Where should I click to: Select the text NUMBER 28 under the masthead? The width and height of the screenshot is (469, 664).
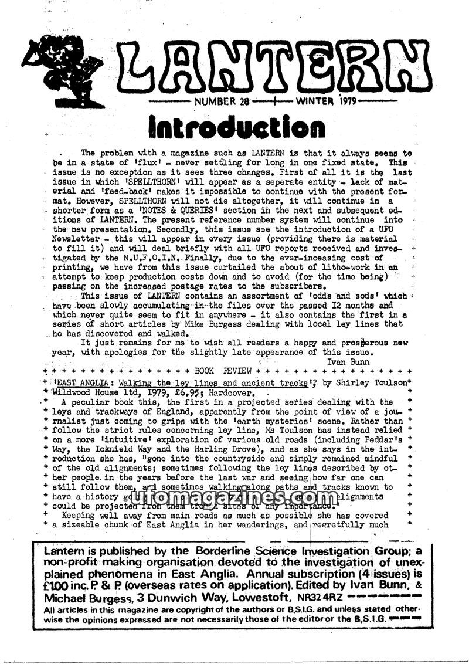point(218,101)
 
